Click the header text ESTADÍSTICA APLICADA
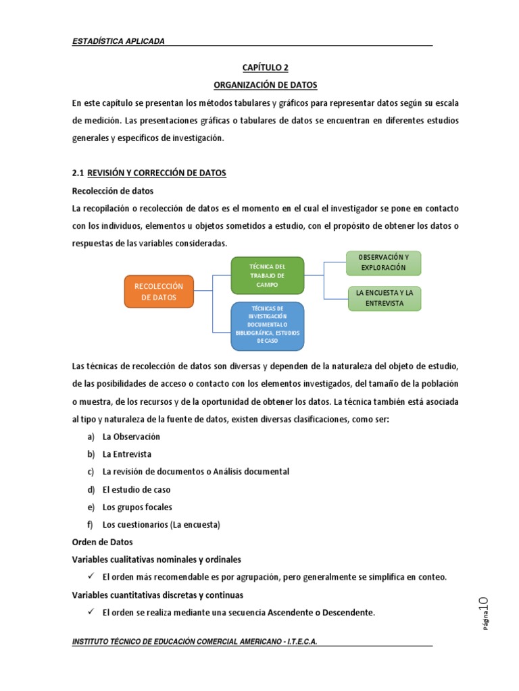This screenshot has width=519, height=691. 118,41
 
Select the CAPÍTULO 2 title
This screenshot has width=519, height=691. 260,67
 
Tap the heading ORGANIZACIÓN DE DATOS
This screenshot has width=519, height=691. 260,85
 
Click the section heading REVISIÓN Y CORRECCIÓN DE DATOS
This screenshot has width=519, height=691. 157,173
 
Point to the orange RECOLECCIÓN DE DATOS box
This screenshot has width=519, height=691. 159,292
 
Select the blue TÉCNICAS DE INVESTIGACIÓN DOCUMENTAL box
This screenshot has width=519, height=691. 267,327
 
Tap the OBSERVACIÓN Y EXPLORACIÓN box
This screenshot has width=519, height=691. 383,262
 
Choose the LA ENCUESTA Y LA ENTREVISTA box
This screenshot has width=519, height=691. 384,298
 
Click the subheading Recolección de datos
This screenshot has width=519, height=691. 113,191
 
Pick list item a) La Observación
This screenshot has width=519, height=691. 131,437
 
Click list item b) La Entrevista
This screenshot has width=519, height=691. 127,454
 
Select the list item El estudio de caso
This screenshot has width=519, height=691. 137,489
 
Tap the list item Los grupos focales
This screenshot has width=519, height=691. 137,507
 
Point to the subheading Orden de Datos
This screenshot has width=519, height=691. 103,542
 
